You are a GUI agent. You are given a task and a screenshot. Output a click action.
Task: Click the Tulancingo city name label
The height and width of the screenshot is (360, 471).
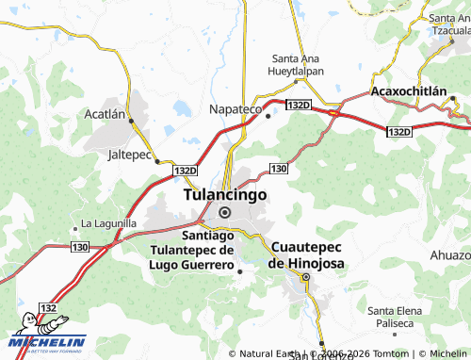pos(223,194)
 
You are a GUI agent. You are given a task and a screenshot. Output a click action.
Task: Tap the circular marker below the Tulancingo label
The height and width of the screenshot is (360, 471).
pos(224,212)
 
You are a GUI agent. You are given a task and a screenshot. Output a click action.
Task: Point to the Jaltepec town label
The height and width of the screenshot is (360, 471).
pos(129,153)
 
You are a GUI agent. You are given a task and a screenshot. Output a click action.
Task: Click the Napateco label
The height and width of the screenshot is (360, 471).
pos(235,109)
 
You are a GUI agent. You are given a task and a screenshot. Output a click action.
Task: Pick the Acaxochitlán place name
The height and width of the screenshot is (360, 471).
pos(408,91)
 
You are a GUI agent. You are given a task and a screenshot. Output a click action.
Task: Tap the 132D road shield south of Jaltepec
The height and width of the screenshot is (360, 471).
pos(186,171)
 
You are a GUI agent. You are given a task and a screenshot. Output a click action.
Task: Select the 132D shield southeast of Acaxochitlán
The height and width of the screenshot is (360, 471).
pos(399,131)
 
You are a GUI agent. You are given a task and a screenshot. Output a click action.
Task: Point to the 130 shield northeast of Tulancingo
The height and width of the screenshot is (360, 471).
pos(278,168)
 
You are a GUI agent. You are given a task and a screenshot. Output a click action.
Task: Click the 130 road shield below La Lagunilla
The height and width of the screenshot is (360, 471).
pos(78,246)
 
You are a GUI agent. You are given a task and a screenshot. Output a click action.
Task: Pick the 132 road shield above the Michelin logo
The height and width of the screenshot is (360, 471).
pos(48,308)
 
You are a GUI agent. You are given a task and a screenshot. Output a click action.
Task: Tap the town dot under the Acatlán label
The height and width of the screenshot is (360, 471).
pos(131,120)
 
